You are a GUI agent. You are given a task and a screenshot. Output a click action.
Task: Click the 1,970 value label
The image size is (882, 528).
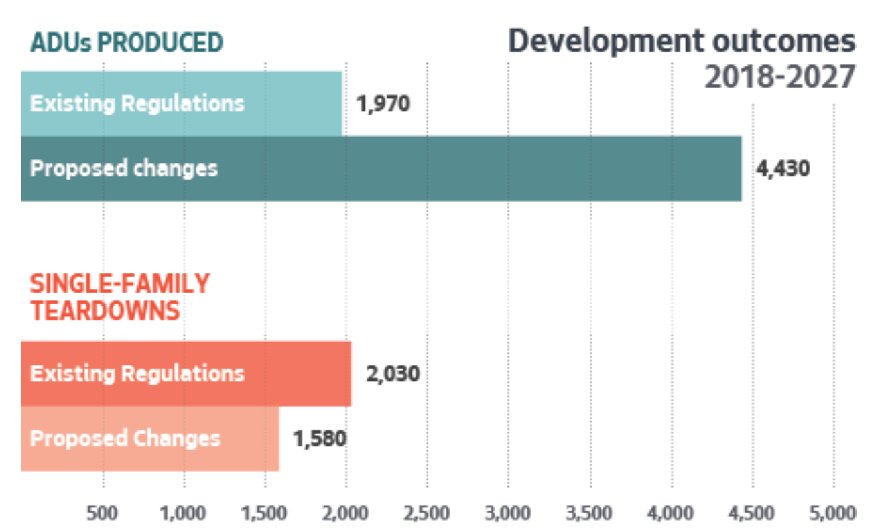[x=383, y=105]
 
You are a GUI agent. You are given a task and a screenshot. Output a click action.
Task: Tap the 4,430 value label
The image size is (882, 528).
[x=782, y=168]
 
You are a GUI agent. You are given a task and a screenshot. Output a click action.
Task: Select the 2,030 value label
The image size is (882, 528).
[x=392, y=373]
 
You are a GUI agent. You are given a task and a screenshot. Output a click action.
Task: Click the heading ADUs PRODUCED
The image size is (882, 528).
[x=126, y=43]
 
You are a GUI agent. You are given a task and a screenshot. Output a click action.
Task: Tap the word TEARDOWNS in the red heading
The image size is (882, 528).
[x=105, y=311]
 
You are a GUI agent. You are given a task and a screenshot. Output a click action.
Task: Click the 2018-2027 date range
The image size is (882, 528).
[x=779, y=78]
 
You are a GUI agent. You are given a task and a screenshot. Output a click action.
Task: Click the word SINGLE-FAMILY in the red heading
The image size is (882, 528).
[x=120, y=284]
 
